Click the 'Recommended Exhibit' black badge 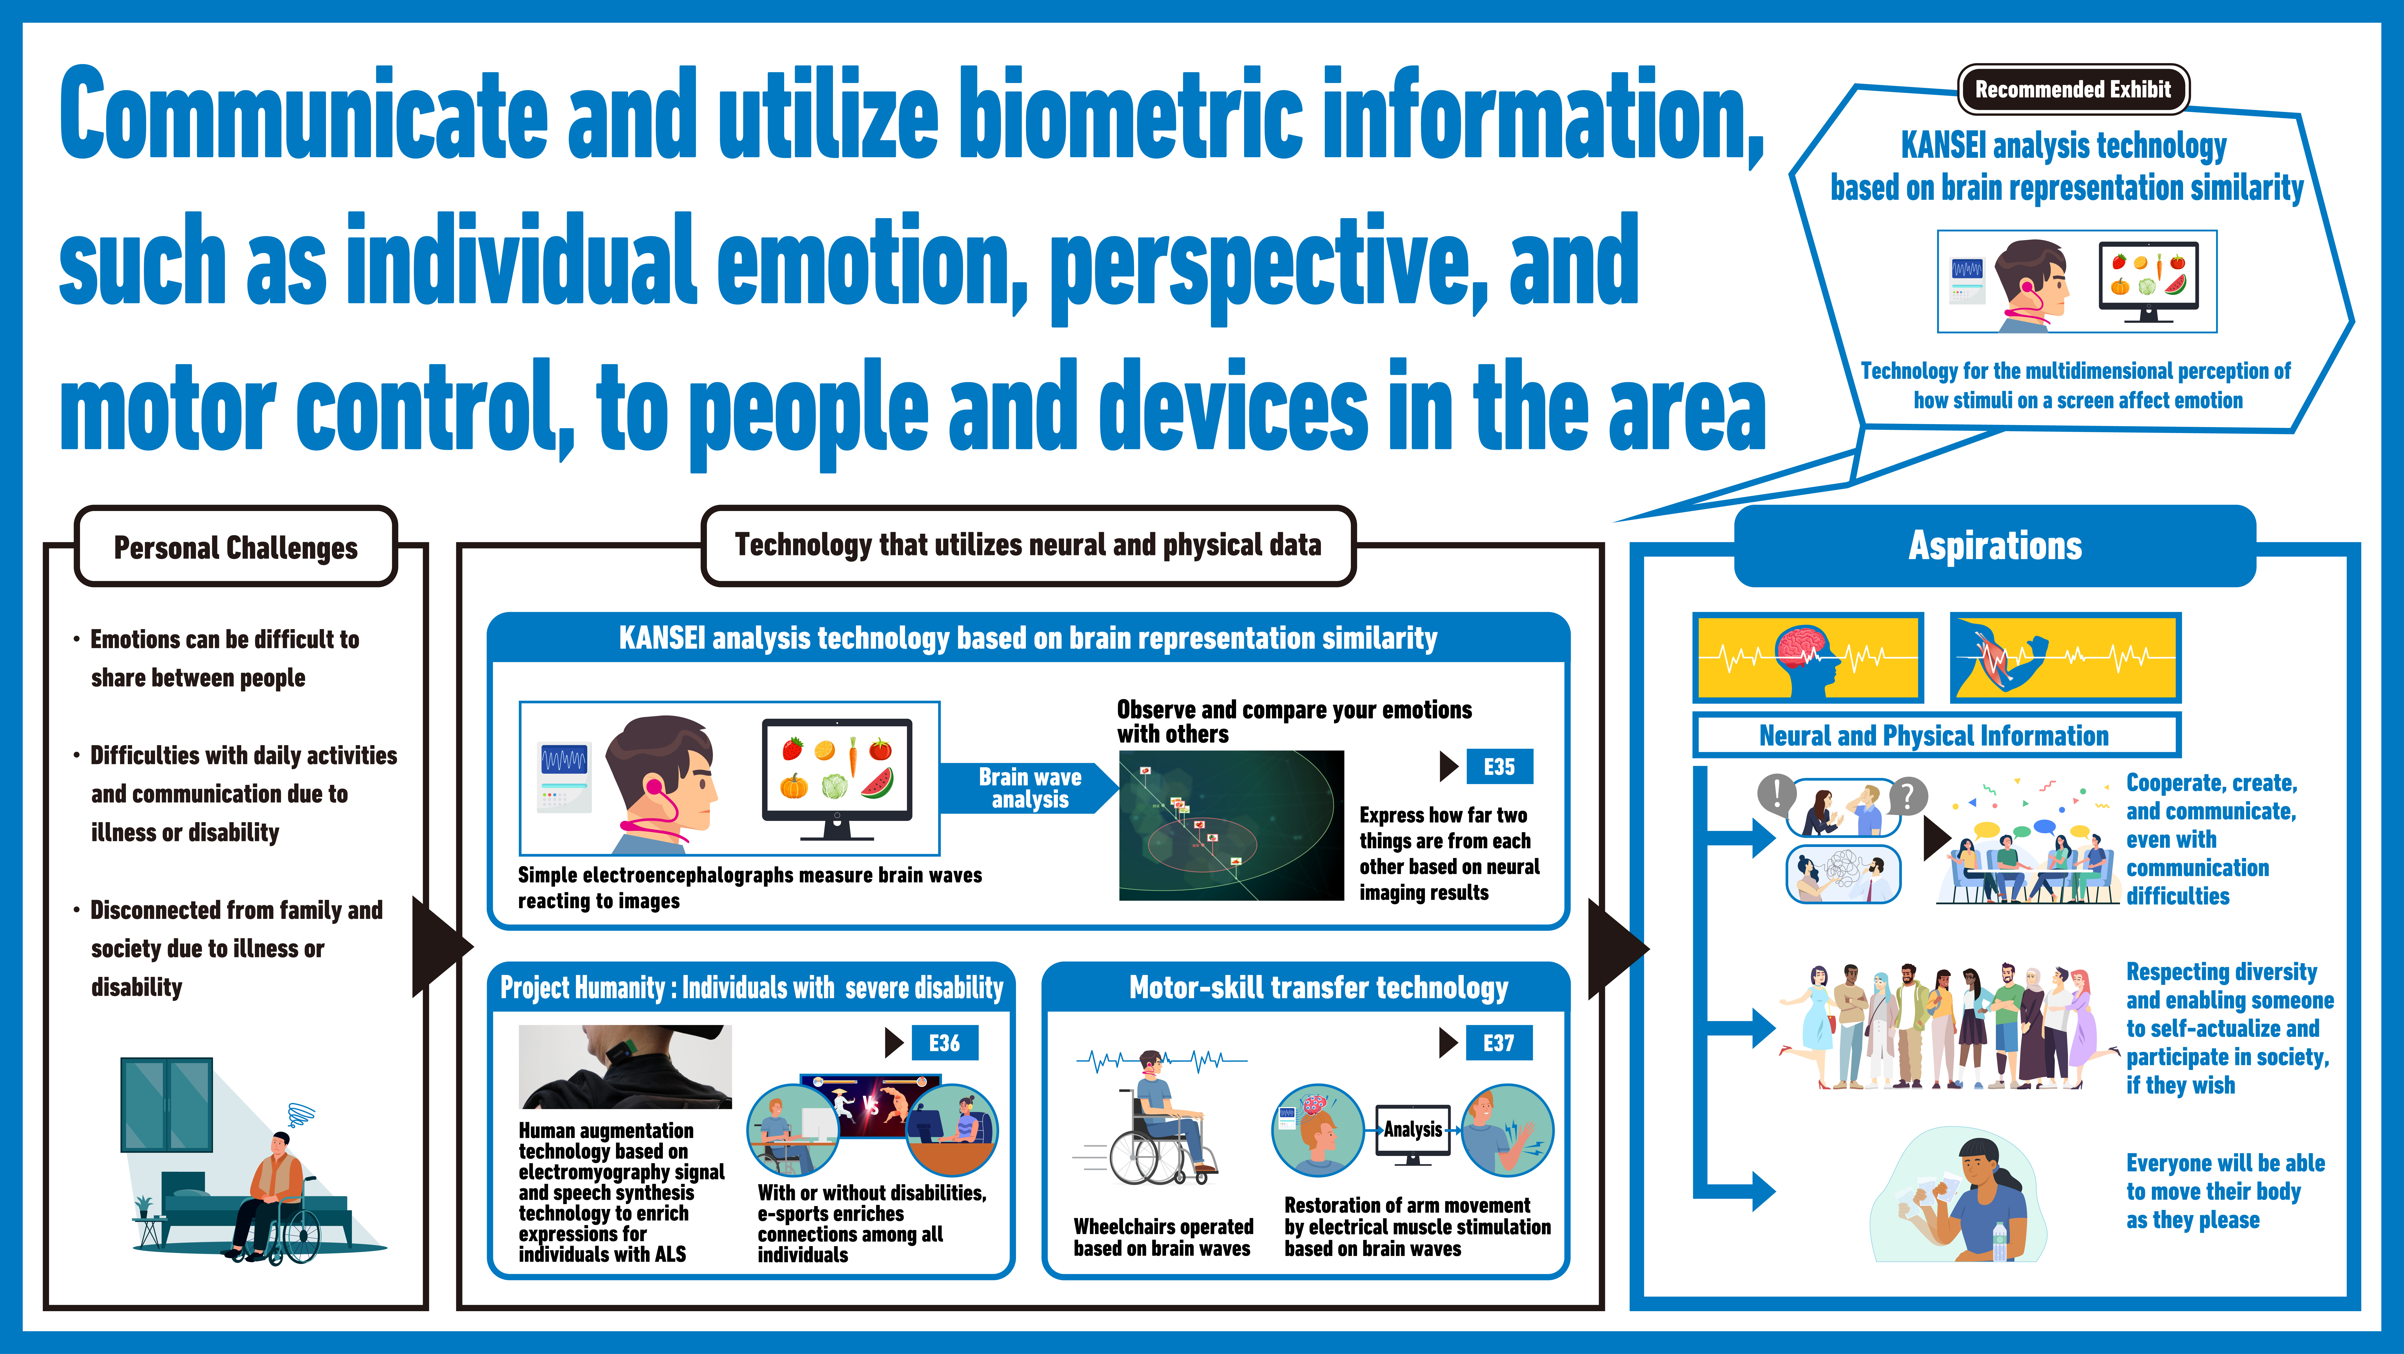click(2073, 90)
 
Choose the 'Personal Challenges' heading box click(236, 547)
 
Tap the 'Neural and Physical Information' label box click(1936, 735)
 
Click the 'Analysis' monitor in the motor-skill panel click(1413, 1134)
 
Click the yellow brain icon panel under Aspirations click(1808, 657)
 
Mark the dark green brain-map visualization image click(1231, 825)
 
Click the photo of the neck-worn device click(625, 1067)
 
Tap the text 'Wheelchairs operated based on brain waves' click(1163, 1237)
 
